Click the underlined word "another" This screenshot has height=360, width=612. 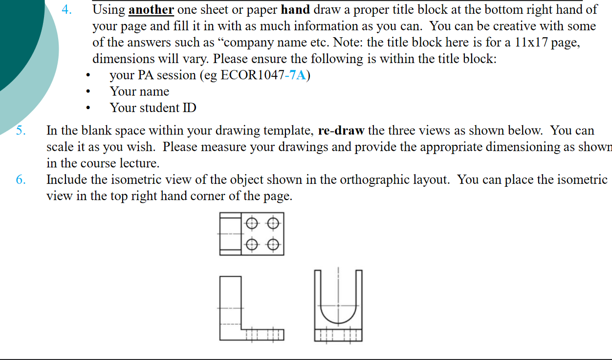coord(151,9)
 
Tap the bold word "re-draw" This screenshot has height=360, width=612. coord(341,131)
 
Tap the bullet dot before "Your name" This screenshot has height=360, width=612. coord(88,92)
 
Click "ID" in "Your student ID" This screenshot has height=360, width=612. coord(189,108)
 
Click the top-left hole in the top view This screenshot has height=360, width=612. coord(251,224)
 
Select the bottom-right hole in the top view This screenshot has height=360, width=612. coord(272,244)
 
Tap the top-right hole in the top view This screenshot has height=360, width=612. coord(272,224)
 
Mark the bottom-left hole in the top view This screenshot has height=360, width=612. coord(251,244)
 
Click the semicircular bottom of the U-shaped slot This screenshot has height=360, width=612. coord(338,318)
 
